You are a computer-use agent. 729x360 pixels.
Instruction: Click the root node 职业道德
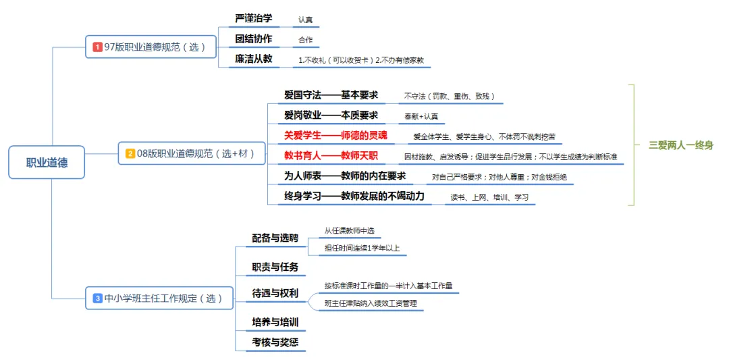point(47,163)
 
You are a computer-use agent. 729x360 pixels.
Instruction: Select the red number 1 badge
point(98,47)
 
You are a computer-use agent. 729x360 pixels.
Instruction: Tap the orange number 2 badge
point(130,154)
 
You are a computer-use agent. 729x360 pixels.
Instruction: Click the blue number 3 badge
point(98,298)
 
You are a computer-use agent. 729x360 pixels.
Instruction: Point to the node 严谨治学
point(254,18)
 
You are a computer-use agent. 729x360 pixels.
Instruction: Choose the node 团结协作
point(254,38)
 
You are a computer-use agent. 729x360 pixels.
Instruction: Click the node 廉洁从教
point(254,59)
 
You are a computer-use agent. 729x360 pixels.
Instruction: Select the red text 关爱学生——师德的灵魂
point(335,135)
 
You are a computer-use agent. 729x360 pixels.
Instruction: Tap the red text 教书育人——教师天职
point(331,156)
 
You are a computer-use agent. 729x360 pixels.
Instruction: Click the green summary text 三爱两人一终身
point(680,145)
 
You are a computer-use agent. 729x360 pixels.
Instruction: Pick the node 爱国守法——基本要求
point(331,95)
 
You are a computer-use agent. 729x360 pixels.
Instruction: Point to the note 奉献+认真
point(421,116)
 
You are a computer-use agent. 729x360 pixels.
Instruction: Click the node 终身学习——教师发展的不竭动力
point(354,197)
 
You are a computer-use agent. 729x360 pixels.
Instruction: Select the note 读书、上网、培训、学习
point(489,197)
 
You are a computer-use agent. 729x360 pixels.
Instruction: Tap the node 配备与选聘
point(275,238)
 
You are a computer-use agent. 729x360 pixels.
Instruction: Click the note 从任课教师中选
point(349,230)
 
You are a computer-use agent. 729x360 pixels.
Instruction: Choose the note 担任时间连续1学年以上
point(362,248)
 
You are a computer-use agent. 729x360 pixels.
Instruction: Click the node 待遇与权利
point(275,294)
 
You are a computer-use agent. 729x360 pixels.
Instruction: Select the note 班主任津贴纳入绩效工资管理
point(371,303)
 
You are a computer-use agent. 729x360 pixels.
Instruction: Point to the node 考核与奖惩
point(275,342)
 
